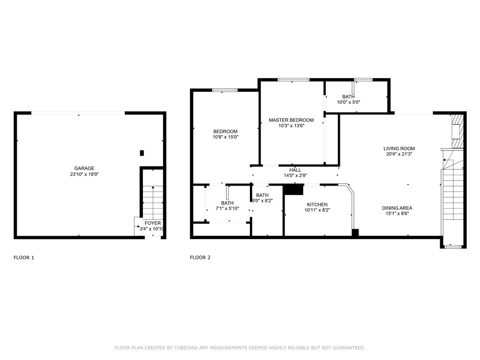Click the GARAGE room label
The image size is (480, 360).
[x=84, y=168]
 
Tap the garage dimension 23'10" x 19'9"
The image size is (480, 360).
[x=84, y=174]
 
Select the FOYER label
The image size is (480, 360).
[x=152, y=223]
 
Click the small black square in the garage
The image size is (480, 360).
[x=142, y=153]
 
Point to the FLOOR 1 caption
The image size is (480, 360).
[x=24, y=257]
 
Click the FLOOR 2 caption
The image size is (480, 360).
[x=200, y=257]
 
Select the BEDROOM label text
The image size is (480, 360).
[x=225, y=132]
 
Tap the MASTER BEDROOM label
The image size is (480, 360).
[x=291, y=120]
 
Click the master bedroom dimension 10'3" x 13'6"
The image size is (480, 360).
[x=291, y=126]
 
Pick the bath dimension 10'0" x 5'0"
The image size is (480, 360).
[x=348, y=102]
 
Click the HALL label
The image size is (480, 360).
[x=295, y=170]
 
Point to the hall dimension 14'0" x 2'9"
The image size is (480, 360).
[x=295, y=175]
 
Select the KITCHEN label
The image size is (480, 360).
[x=317, y=204]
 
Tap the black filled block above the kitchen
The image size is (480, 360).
[x=293, y=189]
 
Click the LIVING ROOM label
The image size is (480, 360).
[x=399, y=149]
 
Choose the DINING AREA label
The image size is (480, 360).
[x=397, y=208]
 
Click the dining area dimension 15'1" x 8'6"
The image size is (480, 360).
[x=397, y=213]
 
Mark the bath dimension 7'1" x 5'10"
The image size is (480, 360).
[x=227, y=209]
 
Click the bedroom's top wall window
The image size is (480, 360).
[x=225, y=90]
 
